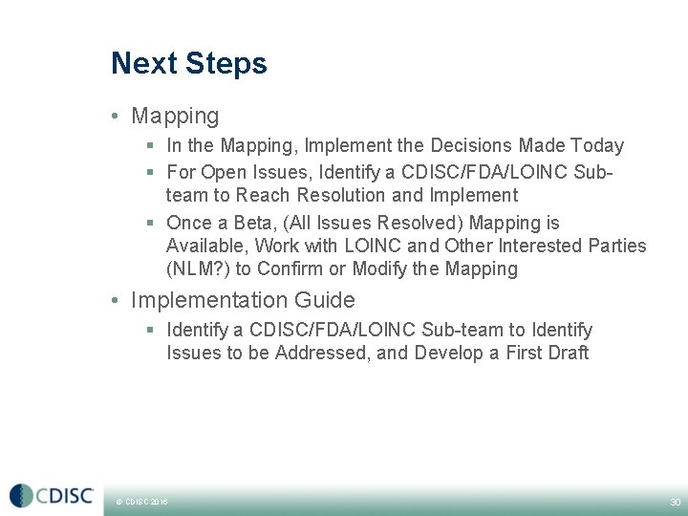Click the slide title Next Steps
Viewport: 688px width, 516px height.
pos(188,64)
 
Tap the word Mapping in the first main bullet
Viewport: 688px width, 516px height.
pos(175,117)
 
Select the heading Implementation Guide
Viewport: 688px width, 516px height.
pos(243,300)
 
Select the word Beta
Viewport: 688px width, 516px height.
pos(259,224)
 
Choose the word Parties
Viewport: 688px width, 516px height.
pos(615,246)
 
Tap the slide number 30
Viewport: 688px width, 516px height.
pos(675,502)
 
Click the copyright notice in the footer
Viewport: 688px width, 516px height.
pos(140,502)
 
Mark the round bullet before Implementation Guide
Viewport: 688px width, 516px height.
pos(116,301)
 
